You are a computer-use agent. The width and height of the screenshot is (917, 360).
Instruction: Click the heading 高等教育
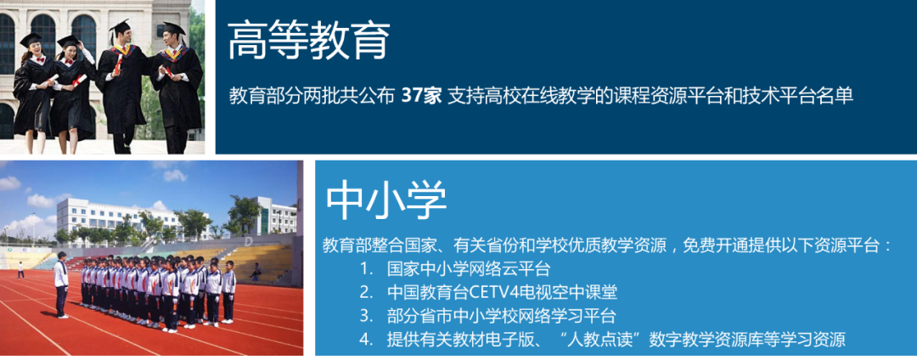(x=309, y=41)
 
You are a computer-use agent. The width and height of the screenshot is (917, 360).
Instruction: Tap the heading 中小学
(x=385, y=200)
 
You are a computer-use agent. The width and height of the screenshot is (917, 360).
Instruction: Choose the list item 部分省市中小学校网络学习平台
(x=502, y=316)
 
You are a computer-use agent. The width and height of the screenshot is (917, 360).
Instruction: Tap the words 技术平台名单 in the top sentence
(x=804, y=96)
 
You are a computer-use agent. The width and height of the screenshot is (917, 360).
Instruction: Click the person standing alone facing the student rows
(x=61, y=284)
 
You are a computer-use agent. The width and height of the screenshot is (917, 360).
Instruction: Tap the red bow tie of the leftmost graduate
(x=39, y=59)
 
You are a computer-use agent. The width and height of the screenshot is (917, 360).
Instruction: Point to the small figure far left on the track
(x=21, y=270)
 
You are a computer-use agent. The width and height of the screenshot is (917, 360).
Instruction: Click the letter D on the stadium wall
(x=249, y=241)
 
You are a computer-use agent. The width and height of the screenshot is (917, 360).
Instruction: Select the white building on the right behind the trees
(x=275, y=217)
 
